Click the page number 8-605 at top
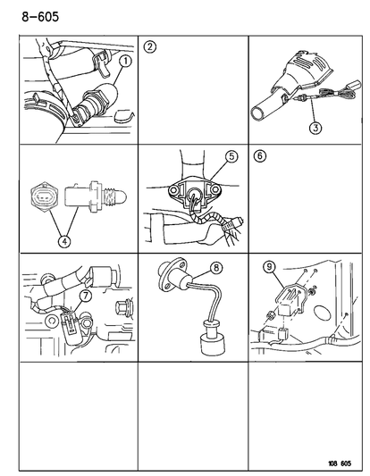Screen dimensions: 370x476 click(40, 17)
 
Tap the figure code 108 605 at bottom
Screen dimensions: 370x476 click(340, 463)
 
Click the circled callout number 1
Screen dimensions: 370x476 click(125, 62)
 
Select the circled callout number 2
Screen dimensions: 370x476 click(150, 47)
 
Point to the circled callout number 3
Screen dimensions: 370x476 click(315, 128)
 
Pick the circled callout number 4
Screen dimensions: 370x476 click(64, 241)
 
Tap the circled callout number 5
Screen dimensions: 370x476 click(231, 156)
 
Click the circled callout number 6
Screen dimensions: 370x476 click(260, 156)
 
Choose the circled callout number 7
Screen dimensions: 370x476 click(86, 296)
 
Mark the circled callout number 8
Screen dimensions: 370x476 click(216, 268)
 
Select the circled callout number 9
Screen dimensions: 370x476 click(269, 267)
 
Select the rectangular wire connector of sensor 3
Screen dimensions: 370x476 click(355, 85)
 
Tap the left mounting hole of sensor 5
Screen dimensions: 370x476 click(174, 190)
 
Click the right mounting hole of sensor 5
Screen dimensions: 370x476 click(215, 189)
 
